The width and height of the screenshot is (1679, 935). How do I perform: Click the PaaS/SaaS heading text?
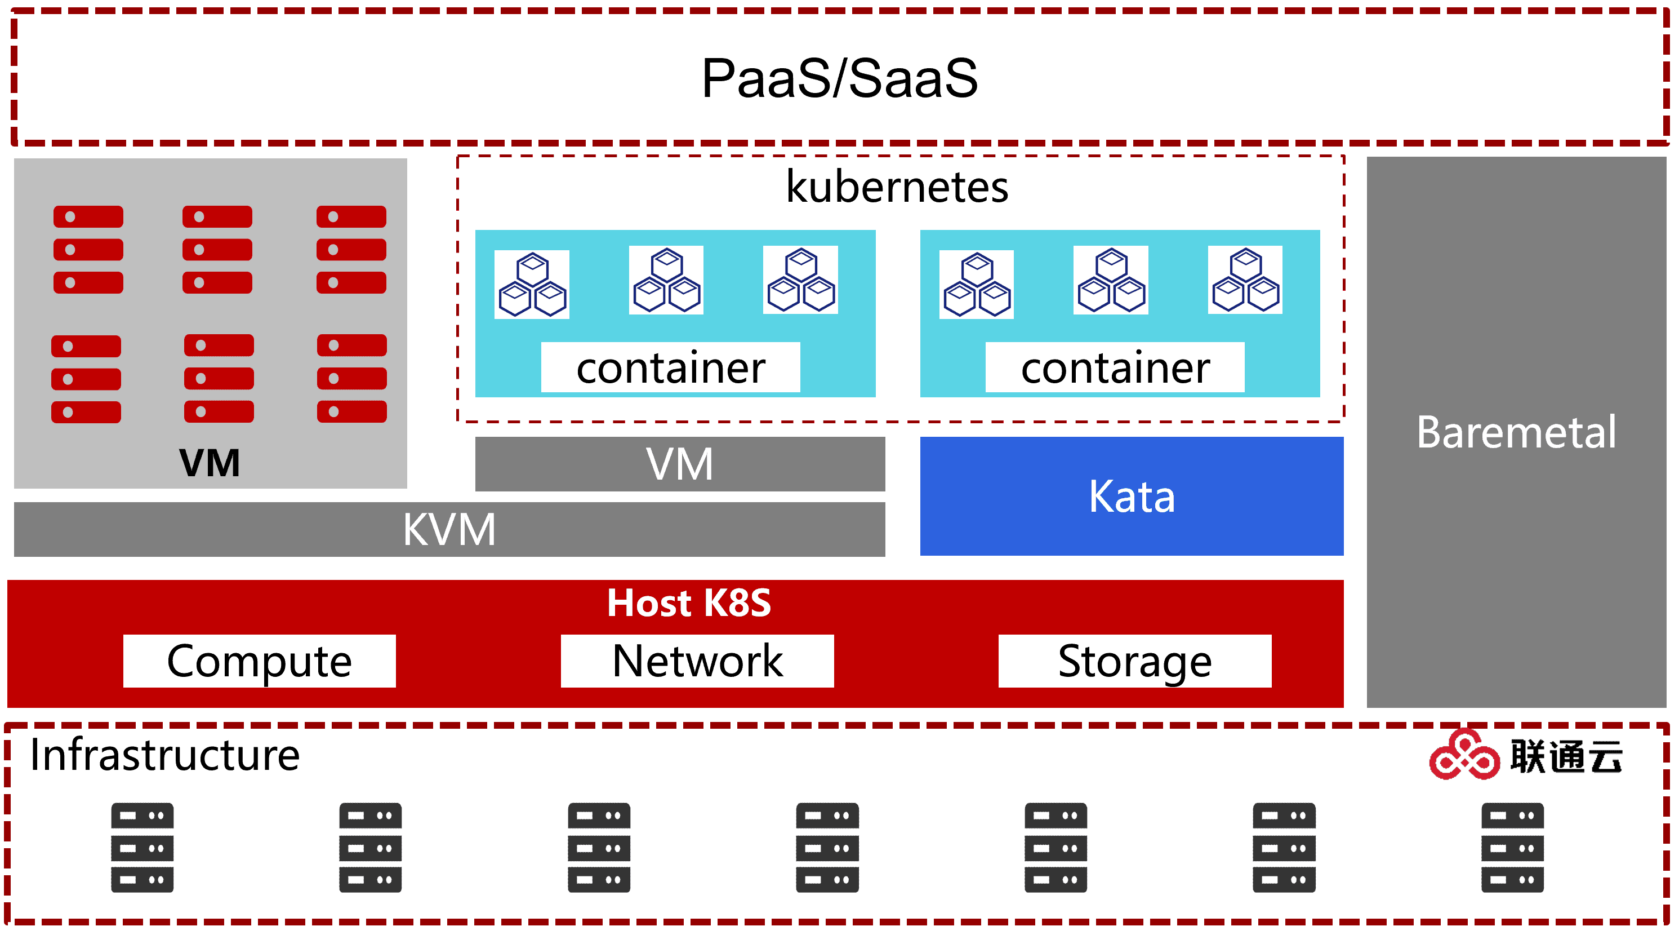(839, 78)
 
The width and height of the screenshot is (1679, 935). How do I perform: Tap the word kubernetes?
(897, 187)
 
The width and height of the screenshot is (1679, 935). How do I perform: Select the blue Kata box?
(1132, 496)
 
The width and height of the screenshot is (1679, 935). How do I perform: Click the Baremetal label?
(1516, 432)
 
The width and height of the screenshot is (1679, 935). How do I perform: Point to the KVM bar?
(449, 529)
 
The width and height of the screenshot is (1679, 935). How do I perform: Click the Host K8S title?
(689, 602)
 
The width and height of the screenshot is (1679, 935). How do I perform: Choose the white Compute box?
(260, 661)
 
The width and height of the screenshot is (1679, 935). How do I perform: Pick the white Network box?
(697, 661)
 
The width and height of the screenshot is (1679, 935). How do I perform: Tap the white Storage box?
(1135, 661)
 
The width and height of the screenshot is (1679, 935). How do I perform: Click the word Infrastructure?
(165, 755)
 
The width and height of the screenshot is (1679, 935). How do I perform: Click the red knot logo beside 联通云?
(1464, 755)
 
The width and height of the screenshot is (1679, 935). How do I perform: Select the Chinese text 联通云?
(1566, 757)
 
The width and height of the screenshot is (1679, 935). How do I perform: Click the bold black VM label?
(210, 463)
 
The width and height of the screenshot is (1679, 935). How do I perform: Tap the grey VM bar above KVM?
(680, 464)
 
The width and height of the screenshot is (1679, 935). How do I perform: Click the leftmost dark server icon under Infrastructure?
(142, 847)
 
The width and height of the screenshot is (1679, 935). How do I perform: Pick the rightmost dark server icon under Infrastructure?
(1512, 847)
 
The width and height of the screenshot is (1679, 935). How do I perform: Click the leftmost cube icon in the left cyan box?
(532, 284)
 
